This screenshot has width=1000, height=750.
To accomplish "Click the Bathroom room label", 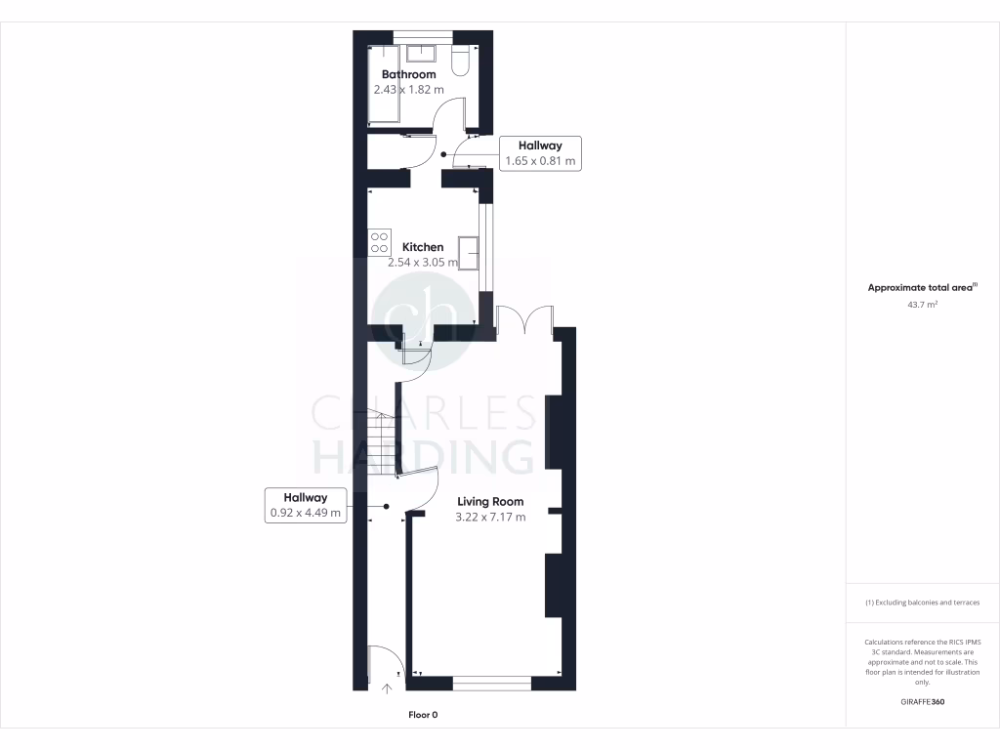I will click(408, 74).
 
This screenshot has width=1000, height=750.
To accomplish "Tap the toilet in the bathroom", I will click(463, 62).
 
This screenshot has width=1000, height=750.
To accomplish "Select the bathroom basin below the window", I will click(422, 53).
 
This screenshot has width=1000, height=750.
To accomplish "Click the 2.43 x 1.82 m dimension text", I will click(408, 90).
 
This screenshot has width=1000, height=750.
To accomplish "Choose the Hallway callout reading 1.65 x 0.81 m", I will click(540, 153).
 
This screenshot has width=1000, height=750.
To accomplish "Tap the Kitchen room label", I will click(423, 247).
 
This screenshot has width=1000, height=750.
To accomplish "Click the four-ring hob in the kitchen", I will click(380, 242).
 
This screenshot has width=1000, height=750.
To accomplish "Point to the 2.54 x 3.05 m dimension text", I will click(423, 263).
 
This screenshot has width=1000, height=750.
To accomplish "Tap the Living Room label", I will click(490, 501).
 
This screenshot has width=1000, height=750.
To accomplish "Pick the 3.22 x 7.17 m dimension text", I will click(490, 517).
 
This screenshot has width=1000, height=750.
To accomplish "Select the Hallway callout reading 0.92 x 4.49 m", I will click(306, 504).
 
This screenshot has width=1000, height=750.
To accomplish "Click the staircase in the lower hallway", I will click(381, 444).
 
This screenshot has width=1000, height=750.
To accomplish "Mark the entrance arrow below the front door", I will click(387, 688).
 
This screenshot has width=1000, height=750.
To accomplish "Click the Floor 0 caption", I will click(423, 715).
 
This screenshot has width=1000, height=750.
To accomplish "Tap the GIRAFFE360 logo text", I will click(923, 702).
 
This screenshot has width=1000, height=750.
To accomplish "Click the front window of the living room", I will click(491, 683).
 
